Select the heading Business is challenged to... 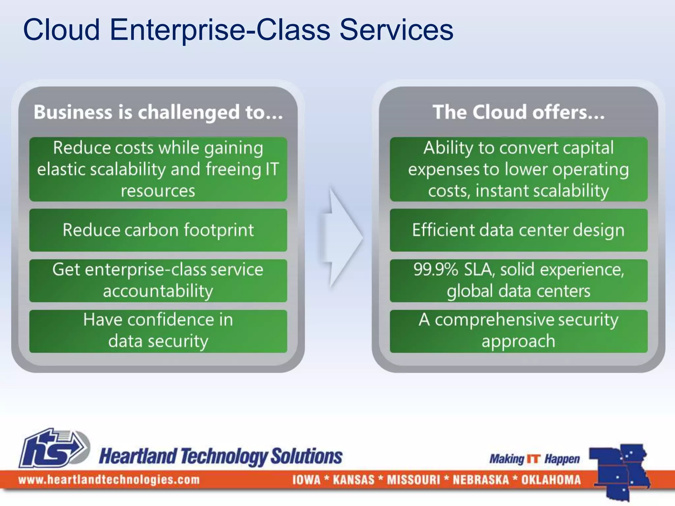(158, 112)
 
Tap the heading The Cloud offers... (518, 112)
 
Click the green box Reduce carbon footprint (158, 230)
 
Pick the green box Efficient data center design (518, 230)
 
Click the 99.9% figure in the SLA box (436, 269)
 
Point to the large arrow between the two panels (341, 237)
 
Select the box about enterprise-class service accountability (158, 280)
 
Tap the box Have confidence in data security (158, 331)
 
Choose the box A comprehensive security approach (518, 331)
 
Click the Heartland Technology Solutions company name (220, 457)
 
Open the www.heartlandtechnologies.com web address (109, 480)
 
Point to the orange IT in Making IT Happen (534, 459)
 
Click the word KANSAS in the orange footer (354, 480)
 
